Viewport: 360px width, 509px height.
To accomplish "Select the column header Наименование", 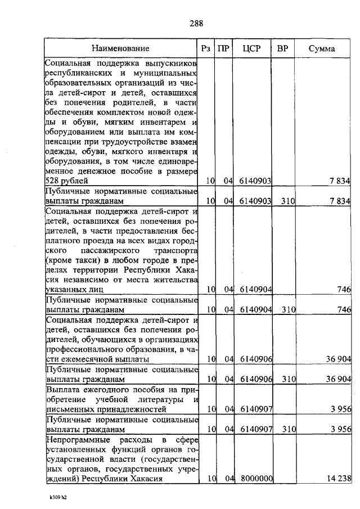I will (121, 48).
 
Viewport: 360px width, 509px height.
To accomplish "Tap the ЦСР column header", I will (251, 48).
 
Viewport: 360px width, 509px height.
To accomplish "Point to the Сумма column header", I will (322, 48).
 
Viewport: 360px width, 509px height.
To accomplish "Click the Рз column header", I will (206, 48).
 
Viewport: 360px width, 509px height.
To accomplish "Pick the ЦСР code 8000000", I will (256, 479).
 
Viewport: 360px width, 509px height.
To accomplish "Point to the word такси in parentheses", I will (83, 258).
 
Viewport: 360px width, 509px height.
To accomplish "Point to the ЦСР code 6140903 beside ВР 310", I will (256, 201).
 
